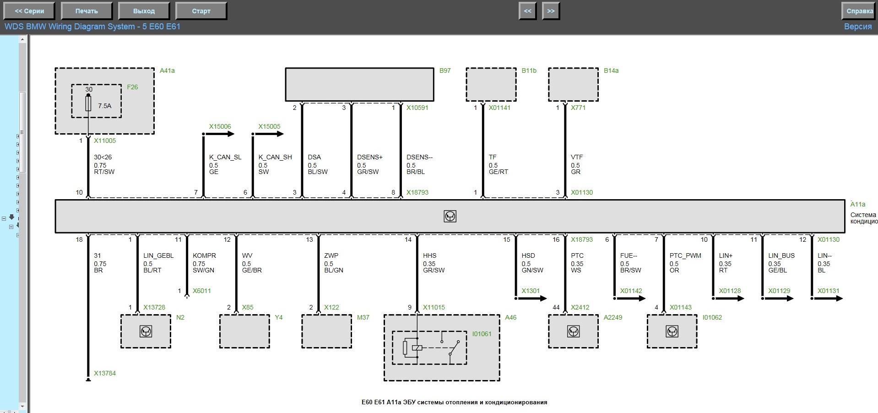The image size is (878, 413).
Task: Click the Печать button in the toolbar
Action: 87,11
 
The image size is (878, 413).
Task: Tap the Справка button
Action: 859,11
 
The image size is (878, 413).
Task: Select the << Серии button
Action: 29,11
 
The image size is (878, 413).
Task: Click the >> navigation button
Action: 551,11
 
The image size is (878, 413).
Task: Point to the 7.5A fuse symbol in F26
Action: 88,103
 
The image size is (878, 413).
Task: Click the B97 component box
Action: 359,85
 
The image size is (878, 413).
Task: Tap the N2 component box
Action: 146,331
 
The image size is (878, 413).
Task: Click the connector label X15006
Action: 220,126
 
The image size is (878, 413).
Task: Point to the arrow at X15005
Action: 268,134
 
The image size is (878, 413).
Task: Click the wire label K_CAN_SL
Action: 225,157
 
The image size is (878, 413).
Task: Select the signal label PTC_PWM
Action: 685,255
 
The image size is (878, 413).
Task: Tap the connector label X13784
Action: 105,373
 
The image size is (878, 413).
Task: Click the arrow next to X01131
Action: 827,299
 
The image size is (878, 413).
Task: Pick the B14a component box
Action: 574,85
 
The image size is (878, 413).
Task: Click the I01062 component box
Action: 672,331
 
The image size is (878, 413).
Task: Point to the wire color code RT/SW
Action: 104,172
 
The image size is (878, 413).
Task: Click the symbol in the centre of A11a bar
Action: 450,216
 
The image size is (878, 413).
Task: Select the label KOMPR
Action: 204,255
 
